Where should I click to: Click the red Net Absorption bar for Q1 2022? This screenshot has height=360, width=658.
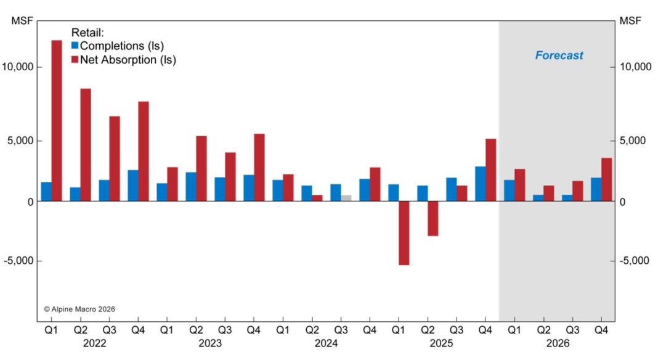click(57, 120)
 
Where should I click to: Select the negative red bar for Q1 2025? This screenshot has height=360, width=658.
click(404, 233)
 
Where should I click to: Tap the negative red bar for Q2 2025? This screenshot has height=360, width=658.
click(433, 218)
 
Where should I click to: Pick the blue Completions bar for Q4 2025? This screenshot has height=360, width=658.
click(480, 184)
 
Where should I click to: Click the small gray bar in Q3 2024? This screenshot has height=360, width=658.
click(346, 198)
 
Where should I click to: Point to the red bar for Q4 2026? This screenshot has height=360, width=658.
click(607, 179)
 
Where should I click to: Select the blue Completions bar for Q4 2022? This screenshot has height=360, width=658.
click(132, 186)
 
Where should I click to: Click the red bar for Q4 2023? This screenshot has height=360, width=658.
click(259, 167)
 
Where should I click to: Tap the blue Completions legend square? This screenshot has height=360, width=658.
click(75, 46)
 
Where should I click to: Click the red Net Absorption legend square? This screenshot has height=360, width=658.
click(75, 60)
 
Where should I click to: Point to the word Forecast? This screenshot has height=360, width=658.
click(559, 55)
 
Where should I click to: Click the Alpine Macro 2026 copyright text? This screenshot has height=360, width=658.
click(79, 309)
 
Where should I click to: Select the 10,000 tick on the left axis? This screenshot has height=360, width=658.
click(19, 67)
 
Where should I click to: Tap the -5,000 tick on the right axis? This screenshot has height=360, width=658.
click(635, 261)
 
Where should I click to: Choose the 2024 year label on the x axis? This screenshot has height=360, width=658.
click(325, 343)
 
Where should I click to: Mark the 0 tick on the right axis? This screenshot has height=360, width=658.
click(623, 202)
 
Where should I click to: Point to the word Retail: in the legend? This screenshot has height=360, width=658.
click(87, 32)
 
